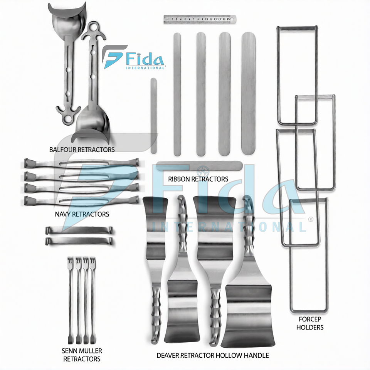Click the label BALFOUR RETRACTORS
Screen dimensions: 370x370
82,149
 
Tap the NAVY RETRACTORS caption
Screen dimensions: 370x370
82,214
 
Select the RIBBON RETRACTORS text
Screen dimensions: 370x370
198,179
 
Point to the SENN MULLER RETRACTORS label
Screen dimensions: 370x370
81,355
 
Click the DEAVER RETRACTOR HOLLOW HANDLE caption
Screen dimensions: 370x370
212,355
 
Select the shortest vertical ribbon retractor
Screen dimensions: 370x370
153,116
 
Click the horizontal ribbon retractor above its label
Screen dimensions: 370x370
199,166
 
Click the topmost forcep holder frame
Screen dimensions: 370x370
297,75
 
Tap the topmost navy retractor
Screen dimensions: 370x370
81,162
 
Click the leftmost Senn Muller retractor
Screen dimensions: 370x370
70,301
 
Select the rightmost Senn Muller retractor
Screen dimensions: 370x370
92,301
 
